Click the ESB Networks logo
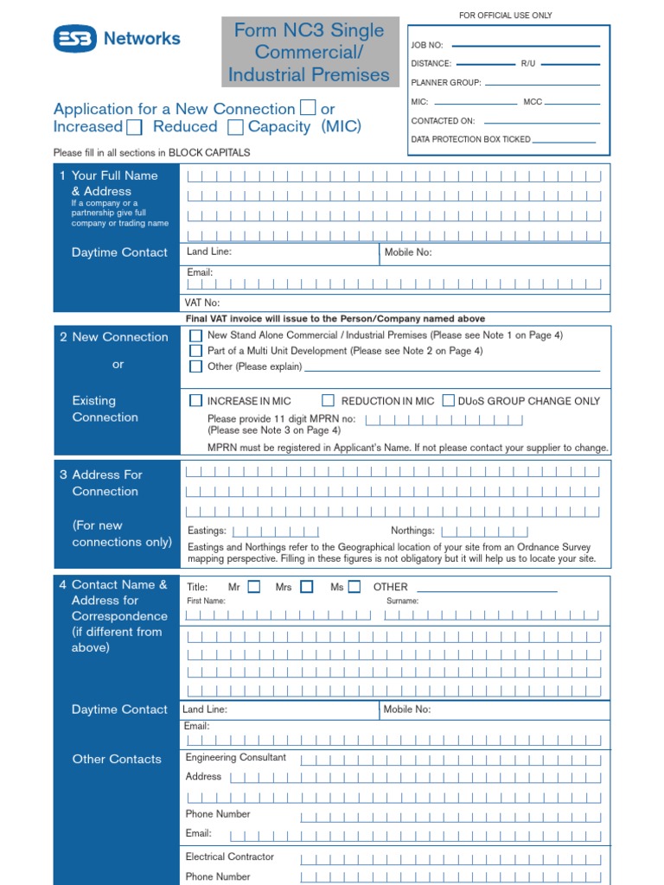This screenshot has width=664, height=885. click(x=117, y=38)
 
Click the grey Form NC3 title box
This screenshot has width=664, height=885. click(x=310, y=52)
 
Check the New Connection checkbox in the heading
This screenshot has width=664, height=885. click(x=308, y=108)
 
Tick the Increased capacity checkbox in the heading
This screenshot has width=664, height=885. click(x=134, y=128)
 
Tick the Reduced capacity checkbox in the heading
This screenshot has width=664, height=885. click(x=235, y=128)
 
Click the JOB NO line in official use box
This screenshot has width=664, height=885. click(x=526, y=44)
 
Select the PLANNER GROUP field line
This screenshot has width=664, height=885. click(x=543, y=83)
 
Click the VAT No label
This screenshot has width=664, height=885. click(x=202, y=302)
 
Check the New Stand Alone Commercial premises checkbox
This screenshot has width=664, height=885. click(x=196, y=335)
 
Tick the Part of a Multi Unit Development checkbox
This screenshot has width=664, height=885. click(x=196, y=351)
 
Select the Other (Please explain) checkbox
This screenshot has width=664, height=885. click(x=196, y=366)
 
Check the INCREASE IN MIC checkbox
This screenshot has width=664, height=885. click(x=196, y=401)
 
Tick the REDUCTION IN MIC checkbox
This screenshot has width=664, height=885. click(x=328, y=401)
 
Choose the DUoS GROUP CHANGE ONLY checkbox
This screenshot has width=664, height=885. click(x=448, y=401)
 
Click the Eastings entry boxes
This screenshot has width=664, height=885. click(x=276, y=532)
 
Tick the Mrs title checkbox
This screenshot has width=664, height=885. click(x=306, y=587)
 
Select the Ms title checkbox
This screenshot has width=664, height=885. click(x=354, y=587)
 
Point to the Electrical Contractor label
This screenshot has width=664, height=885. click(x=229, y=856)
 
